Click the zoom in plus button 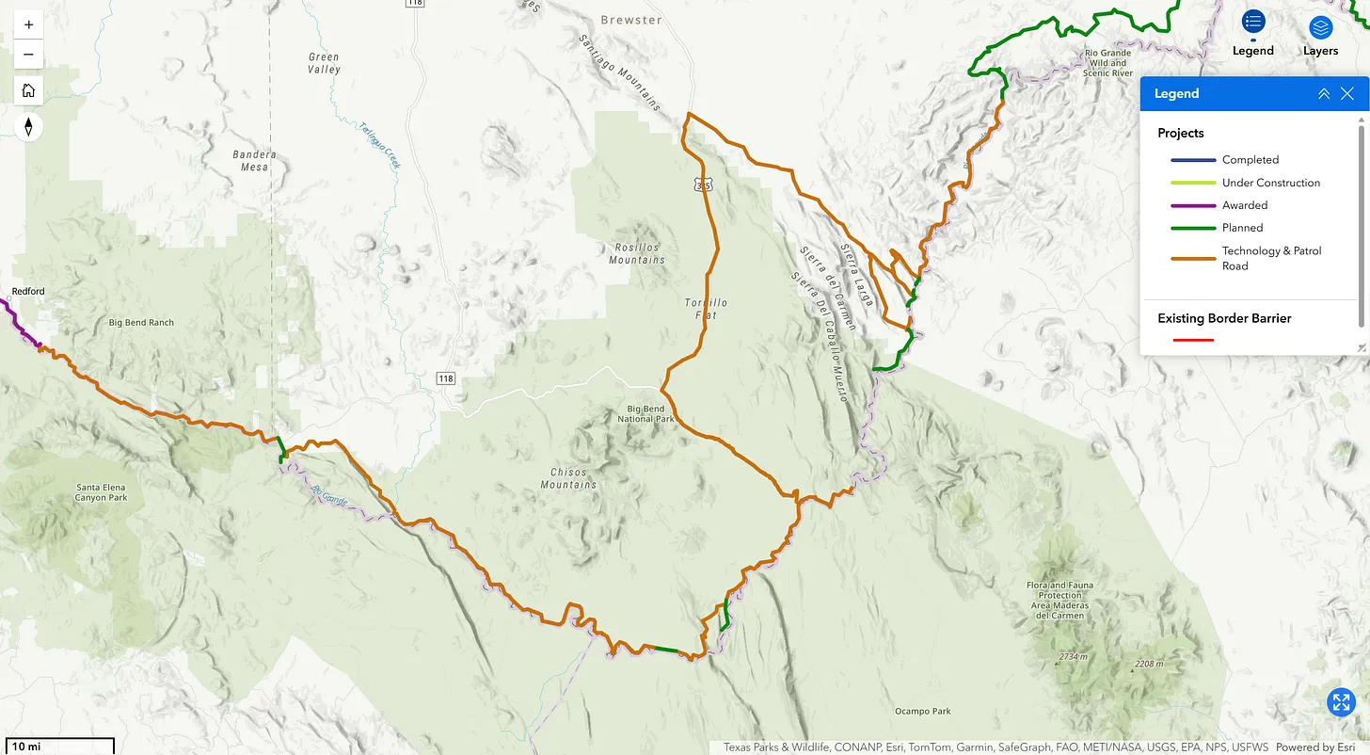click(28, 24)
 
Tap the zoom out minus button click(28, 54)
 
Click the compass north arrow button click(28, 126)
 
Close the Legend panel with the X click(1347, 93)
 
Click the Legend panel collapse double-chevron click(1323, 93)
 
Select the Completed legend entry click(1250, 160)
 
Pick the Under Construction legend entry click(1270, 183)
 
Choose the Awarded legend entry click(1244, 205)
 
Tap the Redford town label click(28, 291)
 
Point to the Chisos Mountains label click(568, 478)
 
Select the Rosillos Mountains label click(637, 253)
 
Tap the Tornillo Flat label click(706, 309)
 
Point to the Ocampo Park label click(922, 711)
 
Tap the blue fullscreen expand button click(1341, 701)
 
